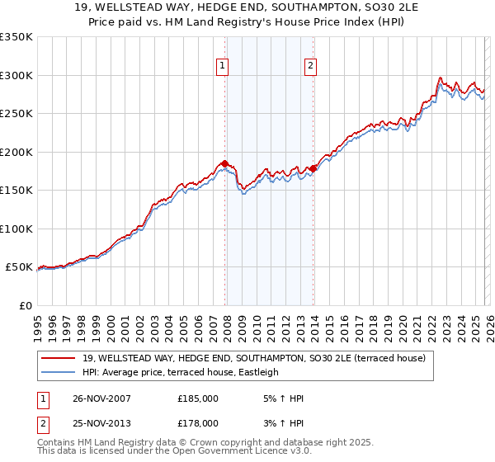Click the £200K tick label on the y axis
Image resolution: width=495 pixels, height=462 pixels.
pos(16,152)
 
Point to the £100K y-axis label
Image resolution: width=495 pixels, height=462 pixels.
pos(16,229)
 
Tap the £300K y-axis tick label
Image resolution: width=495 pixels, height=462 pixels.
pos(16,75)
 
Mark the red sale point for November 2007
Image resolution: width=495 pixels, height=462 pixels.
pos(225,163)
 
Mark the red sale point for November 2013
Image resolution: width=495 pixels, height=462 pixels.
pos(313,169)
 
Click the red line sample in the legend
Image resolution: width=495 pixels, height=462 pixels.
pos(59,358)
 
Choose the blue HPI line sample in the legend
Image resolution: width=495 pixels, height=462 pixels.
pos(59,372)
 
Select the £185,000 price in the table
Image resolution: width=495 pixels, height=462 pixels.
pos(198,398)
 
